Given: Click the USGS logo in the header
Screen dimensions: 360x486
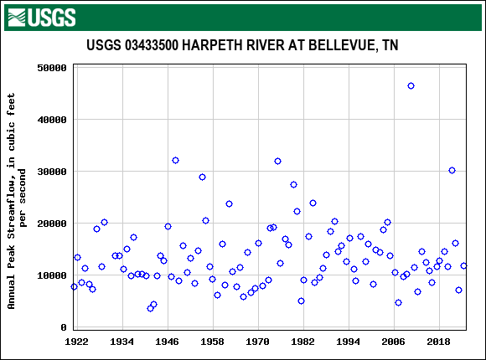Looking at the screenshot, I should pyautogui.click(x=40, y=17).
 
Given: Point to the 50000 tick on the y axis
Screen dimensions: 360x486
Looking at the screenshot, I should pyautogui.click(x=51, y=68).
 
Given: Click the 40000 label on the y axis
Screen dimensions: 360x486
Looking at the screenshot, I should pyautogui.click(x=51, y=120).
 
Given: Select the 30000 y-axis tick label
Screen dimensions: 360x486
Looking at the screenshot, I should pyautogui.click(x=51, y=172).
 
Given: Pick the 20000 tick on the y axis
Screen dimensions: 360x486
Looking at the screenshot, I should pyautogui.click(x=51, y=224).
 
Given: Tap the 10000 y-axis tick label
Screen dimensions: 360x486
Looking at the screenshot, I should pyautogui.click(x=51, y=275).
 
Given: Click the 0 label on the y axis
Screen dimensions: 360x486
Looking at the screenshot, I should pyautogui.click(x=64, y=327).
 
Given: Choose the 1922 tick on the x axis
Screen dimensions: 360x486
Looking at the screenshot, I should pyautogui.click(x=77, y=342).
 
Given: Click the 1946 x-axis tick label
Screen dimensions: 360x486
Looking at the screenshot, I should pyautogui.click(x=168, y=342).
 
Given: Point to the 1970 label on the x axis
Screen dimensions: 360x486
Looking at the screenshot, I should pyautogui.click(x=258, y=342).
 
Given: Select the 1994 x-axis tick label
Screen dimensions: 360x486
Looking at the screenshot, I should pyautogui.click(x=349, y=342).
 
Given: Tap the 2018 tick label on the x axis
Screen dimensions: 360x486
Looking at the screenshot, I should pyautogui.click(x=439, y=342).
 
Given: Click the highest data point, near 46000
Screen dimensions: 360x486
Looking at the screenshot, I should pyautogui.click(x=411, y=85).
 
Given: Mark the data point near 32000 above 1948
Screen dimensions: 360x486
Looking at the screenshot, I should pyautogui.click(x=175, y=160).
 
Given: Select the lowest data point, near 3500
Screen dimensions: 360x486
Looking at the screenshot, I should pyautogui.click(x=150, y=308).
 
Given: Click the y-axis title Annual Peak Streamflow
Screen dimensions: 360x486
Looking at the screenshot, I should pyautogui.click(x=18, y=201).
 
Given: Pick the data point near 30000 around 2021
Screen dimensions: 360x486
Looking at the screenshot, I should pyautogui.click(x=452, y=170).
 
